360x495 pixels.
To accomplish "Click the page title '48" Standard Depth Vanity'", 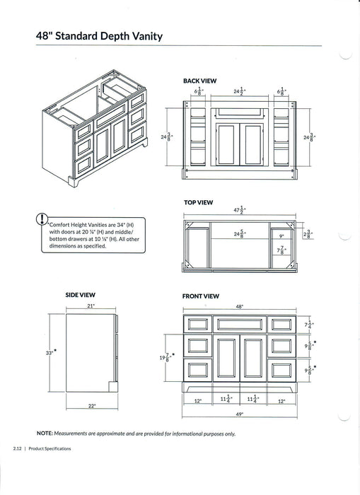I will point(100,35).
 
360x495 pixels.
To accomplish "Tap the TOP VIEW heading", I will point(198,202).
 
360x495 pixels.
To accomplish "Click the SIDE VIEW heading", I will point(81,294).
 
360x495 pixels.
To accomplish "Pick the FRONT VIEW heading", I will point(201,296).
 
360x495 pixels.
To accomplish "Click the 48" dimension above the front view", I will point(239,307).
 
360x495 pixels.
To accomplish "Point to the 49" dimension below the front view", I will point(239,414).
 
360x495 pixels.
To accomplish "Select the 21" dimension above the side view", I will point(91,306).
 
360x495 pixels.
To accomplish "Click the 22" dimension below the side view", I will point(91,406).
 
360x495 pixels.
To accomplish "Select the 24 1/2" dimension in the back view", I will point(239,91).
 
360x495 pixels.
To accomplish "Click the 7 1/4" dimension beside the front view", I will point(308,324).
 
